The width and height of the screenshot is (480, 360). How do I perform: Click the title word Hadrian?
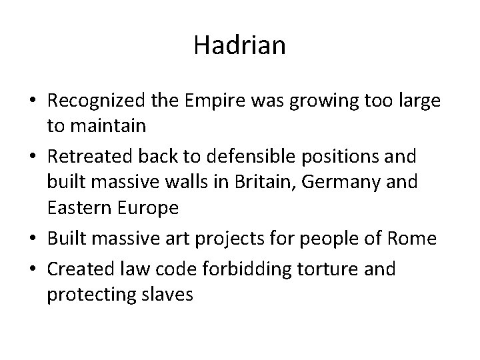click(x=240, y=45)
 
